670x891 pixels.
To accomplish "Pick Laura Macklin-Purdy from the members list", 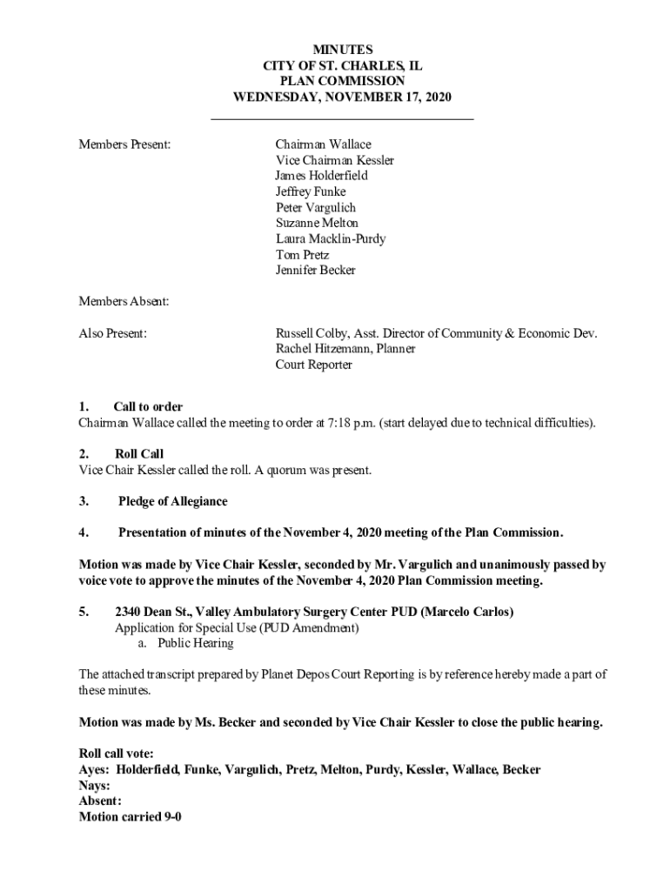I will (330, 238).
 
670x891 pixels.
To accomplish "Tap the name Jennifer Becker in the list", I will (315, 270).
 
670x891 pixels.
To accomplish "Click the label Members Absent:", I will (124, 301).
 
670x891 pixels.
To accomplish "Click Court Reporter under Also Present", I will (313, 365).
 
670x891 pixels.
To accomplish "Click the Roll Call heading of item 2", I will (138, 454).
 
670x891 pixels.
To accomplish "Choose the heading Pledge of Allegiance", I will (172, 501).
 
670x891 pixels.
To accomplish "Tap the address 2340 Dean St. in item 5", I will (154, 612).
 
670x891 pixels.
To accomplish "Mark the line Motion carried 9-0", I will (130, 816).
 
